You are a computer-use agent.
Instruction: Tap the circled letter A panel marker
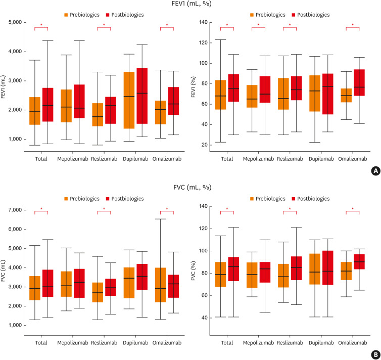(374, 171)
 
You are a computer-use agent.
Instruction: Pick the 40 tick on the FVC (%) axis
(209, 318)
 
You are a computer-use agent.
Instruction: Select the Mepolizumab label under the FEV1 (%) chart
(258, 158)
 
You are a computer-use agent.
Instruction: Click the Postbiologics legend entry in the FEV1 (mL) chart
(125, 15)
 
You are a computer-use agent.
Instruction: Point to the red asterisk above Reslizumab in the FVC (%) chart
(290, 209)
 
